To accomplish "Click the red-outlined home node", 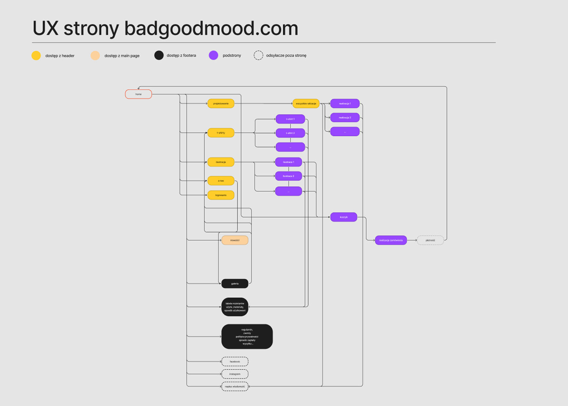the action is tap(138, 94).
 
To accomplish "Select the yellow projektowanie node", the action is tap(221, 104).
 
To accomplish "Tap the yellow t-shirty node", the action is tap(221, 133).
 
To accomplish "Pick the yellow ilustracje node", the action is tap(221, 162).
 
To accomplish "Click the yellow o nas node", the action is tap(221, 181).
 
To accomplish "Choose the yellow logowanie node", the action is tap(221, 195).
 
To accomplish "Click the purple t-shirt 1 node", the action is tap(290, 119).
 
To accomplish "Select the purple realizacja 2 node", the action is tap(345, 117).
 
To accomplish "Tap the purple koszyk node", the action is tap(343, 217).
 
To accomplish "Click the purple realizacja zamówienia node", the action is tap(391, 240).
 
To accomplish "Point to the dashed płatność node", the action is tap(430, 240).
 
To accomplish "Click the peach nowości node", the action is tap(235, 240).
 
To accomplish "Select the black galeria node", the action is tap(235, 284).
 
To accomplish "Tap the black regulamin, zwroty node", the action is tap(247, 337).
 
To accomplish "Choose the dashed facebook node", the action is tap(235, 362).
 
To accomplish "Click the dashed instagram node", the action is tap(235, 374).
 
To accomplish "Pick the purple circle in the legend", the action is tap(214, 55).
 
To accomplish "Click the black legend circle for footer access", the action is tap(159, 55).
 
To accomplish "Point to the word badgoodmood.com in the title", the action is tap(211, 28).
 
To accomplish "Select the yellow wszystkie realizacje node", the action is tap(306, 104).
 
